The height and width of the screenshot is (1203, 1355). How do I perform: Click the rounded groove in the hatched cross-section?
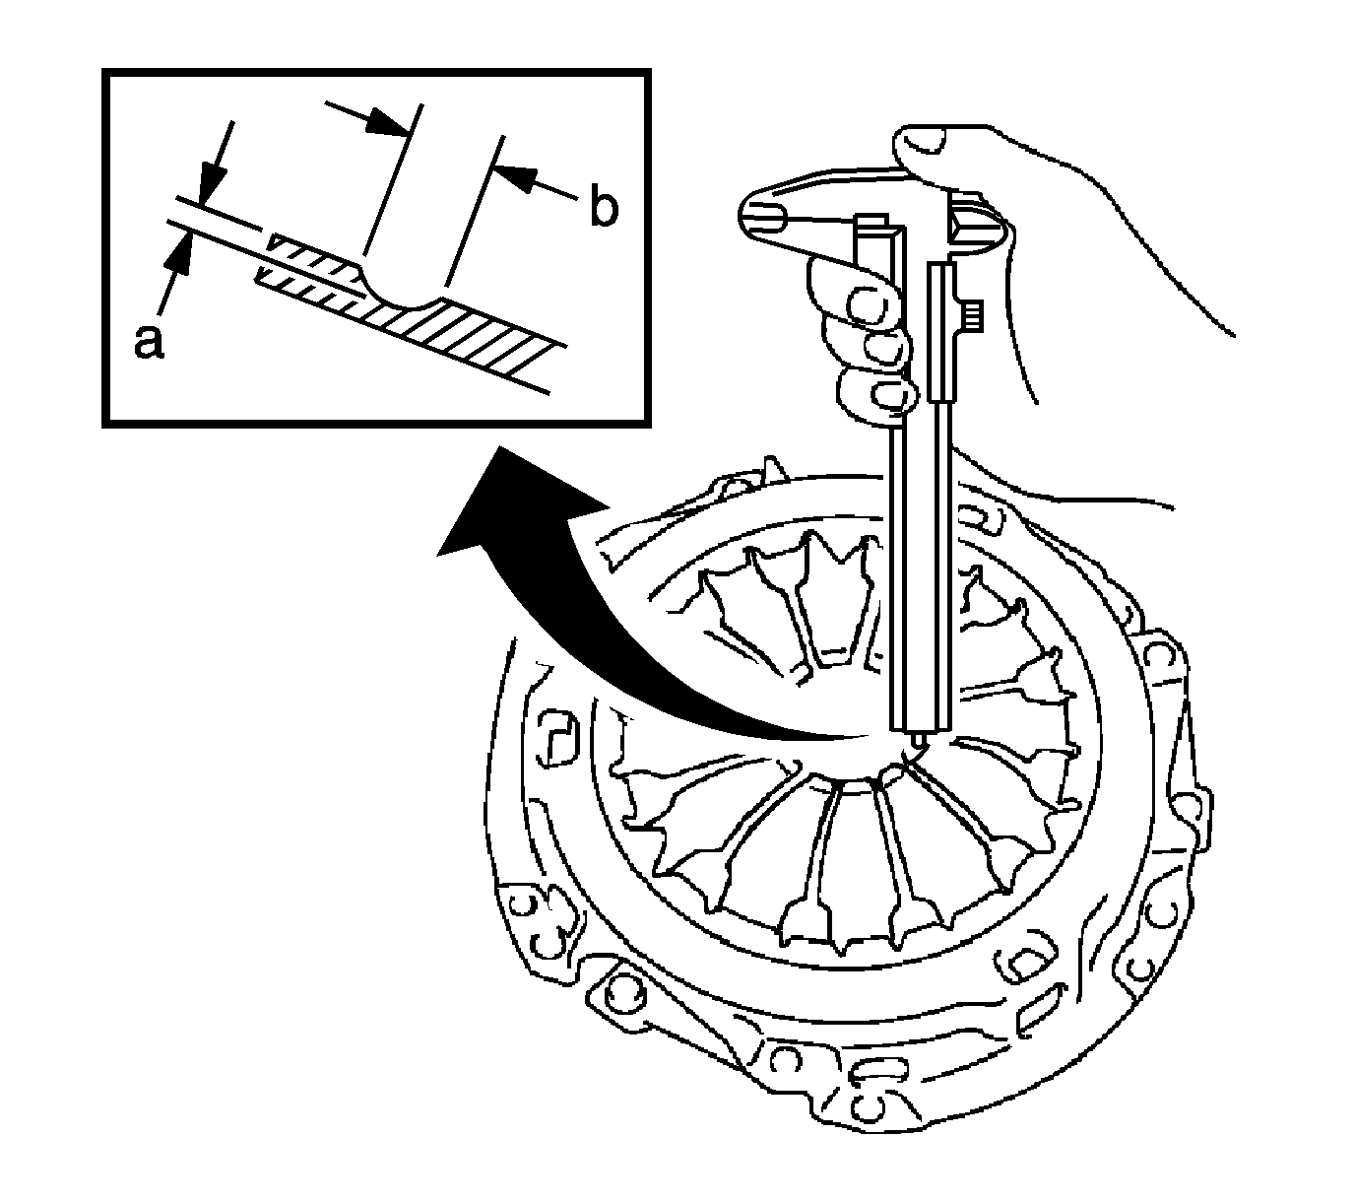click(398, 292)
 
